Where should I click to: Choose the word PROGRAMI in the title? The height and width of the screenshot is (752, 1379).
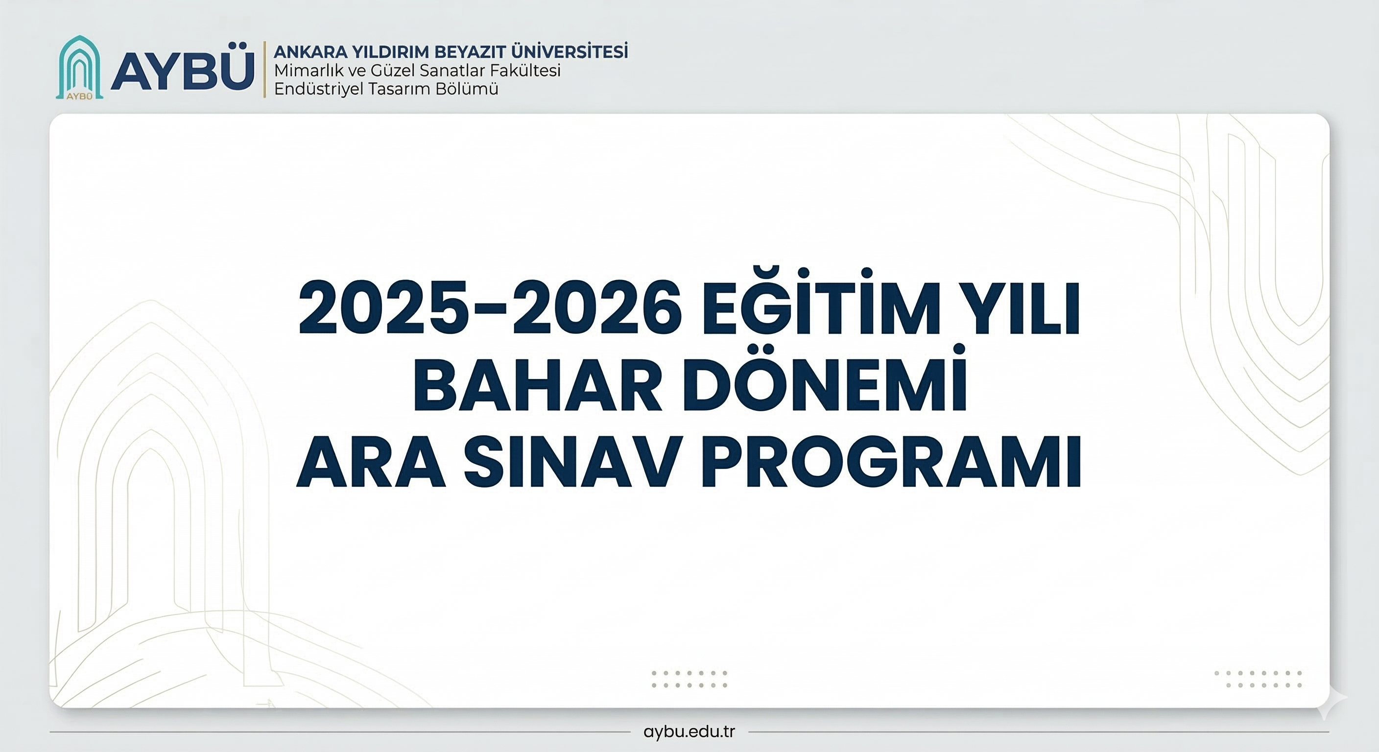(x=891, y=461)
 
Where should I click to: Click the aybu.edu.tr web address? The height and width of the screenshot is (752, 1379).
(x=689, y=731)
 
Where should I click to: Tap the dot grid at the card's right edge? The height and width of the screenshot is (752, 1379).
(x=1258, y=679)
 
